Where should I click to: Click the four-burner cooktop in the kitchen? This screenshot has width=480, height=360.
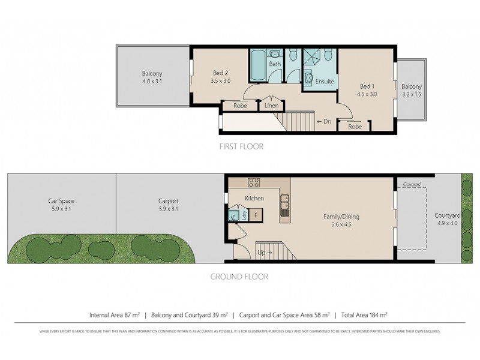(253, 184)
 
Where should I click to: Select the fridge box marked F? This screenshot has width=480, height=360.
(256, 214)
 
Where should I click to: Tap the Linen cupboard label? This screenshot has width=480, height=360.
(271, 107)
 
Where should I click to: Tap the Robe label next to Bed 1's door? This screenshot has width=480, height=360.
(355, 127)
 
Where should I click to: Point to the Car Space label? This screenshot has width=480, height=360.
(61, 202)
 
